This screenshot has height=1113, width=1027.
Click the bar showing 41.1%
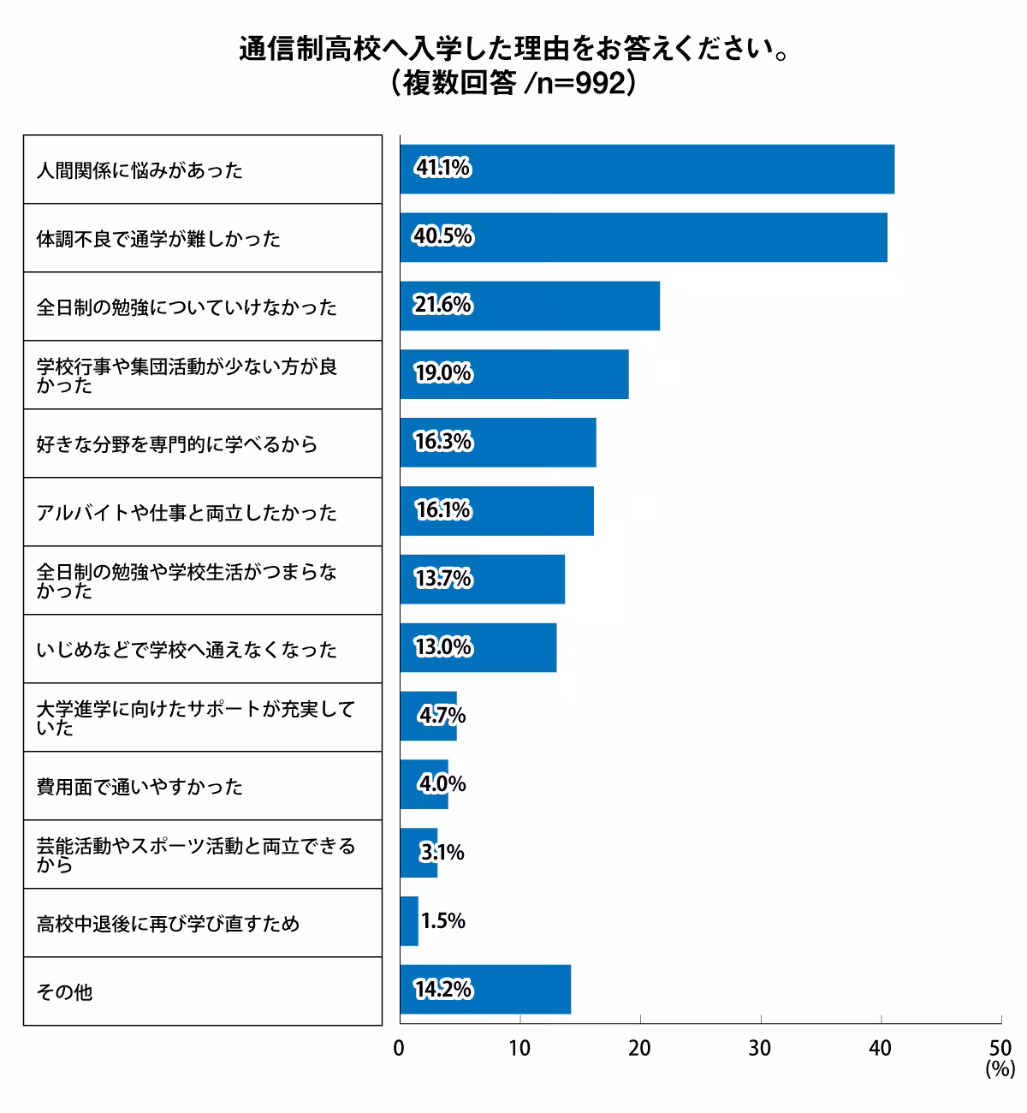coord(647,170)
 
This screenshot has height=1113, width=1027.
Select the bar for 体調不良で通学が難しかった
coord(644,238)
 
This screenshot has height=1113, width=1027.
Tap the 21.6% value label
coord(442,306)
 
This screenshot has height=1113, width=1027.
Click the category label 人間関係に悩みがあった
coord(140,170)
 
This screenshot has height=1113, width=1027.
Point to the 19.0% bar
coord(513,374)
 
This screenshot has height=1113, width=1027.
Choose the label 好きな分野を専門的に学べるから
coord(177,444)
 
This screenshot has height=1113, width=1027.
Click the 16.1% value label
coord(442,511)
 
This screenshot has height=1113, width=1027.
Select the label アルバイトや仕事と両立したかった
coord(187,513)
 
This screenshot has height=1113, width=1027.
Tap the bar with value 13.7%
coord(482,580)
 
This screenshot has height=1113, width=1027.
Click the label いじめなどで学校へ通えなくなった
coord(187,650)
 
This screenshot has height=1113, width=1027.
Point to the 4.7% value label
coord(442,716)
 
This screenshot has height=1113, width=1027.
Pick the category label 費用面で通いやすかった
coord(140,787)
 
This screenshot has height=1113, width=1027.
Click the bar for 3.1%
coord(419,853)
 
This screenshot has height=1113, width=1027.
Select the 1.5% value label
coord(443,921)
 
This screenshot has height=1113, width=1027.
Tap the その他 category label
coord(64,992)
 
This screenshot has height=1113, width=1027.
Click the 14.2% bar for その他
coord(484,990)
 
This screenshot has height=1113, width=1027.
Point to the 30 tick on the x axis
coord(760,1048)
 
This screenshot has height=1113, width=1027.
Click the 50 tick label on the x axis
coord(1000,1048)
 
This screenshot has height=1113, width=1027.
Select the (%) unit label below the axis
coord(1000,1068)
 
